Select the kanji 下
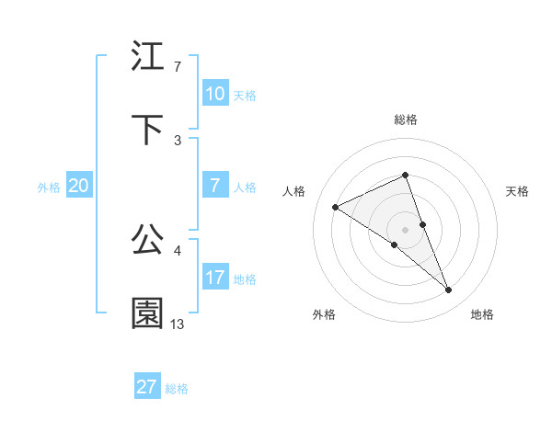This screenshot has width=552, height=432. [x=148, y=130]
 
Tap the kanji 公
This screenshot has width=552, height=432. [x=148, y=240]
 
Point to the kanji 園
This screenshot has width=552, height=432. [x=148, y=313]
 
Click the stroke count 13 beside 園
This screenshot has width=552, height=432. [x=178, y=324]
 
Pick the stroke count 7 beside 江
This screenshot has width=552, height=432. [x=178, y=67]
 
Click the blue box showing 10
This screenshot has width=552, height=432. [x=214, y=94]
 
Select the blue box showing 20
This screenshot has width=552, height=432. [x=78, y=186]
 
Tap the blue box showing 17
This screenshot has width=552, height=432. [x=214, y=278]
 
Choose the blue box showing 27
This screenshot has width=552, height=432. [x=146, y=387]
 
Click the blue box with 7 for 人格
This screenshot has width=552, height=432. [x=214, y=186]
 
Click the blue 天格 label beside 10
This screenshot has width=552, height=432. [x=245, y=95]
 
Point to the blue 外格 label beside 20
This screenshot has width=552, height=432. [x=49, y=187]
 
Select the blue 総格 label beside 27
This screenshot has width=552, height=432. [x=177, y=388]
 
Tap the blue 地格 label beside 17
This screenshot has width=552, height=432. [x=245, y=279]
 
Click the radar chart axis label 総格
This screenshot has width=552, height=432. [x=406, y=119]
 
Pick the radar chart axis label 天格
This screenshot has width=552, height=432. [x=517, y=191]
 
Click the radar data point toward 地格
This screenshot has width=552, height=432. [x=449, y=290]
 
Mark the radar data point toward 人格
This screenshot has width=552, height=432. [x=336, y=207]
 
